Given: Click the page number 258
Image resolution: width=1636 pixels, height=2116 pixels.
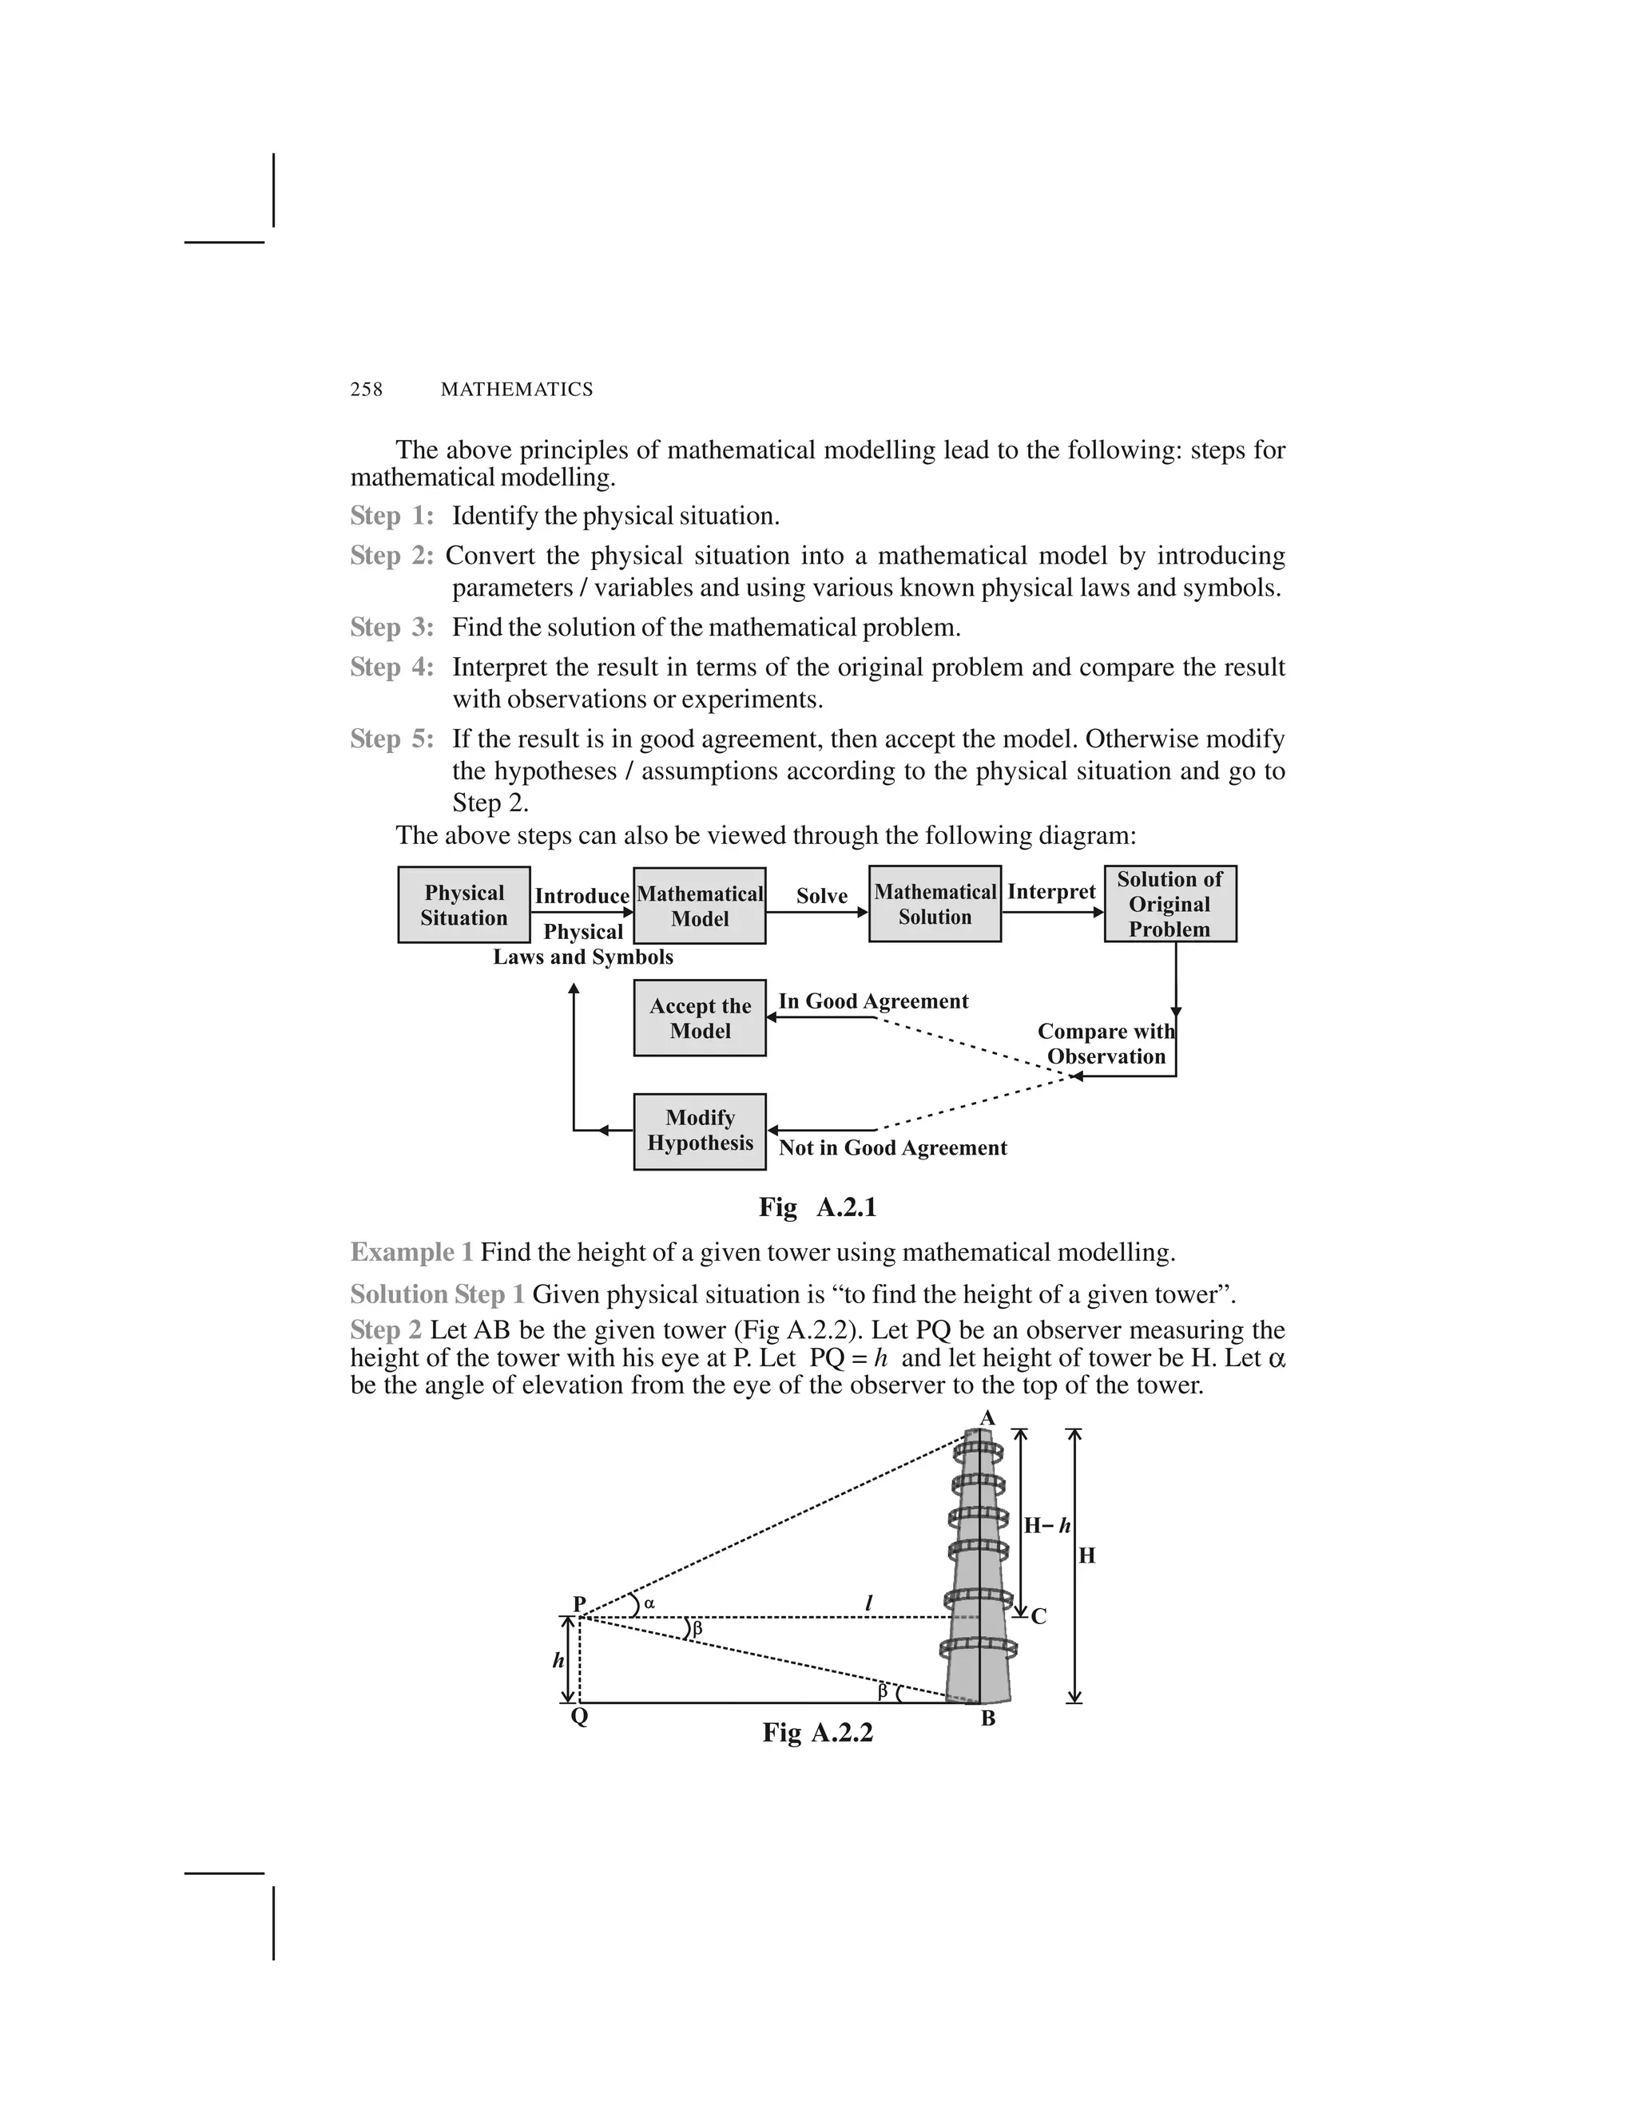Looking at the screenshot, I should pos(367,390).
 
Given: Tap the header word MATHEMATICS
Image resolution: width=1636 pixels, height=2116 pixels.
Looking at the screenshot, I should pos(517,390).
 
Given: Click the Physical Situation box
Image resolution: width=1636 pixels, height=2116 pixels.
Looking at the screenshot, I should pos(463,905).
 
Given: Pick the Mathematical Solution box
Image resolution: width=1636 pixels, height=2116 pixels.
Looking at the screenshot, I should pos(935,904).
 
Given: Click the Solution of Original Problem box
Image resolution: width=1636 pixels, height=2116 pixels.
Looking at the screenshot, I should pos(1169,904).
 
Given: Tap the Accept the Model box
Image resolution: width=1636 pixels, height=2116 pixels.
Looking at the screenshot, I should pos(699,1018).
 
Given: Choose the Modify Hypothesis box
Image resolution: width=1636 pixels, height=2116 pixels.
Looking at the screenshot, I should pos(699,1131).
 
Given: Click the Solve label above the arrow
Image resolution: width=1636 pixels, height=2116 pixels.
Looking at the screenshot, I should pos(822,896).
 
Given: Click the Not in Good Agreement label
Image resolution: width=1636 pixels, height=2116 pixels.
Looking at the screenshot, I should pos(892,1148).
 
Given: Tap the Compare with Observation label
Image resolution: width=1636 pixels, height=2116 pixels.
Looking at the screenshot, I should pos(1106,1044).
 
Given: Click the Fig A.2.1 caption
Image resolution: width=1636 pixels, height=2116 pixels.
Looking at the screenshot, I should pos(817,1207).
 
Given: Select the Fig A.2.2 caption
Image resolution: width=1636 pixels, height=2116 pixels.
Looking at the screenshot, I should pos(817,1733).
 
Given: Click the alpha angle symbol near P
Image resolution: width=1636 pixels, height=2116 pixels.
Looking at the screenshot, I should pos(649,1603).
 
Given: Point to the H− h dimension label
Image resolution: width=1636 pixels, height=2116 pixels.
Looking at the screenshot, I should pos(1046,1526).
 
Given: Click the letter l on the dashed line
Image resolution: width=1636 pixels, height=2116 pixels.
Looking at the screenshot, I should pos(868,1604).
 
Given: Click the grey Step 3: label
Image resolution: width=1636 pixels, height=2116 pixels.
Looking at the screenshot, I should pos(391,628).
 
